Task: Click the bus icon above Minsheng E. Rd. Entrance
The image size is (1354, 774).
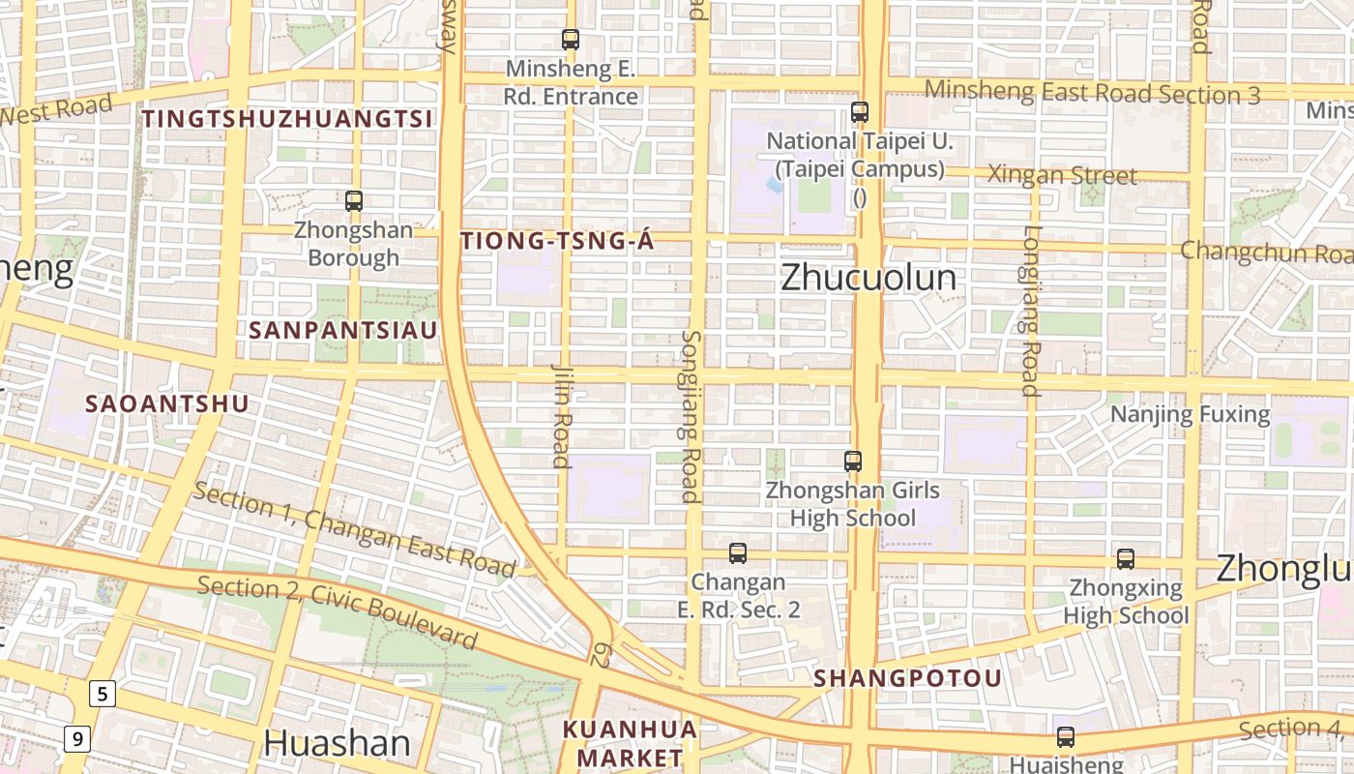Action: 571,40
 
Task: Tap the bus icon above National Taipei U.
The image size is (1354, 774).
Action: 860,112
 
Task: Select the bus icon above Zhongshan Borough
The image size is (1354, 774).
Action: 354,201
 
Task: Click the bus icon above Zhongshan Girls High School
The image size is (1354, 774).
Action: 853,461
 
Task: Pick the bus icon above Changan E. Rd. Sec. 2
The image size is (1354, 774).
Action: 738,553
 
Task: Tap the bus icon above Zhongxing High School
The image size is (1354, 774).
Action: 1126,559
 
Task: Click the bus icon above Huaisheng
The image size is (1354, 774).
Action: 1066,737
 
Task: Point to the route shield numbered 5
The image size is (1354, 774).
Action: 103,693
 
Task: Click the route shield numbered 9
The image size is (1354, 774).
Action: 77,739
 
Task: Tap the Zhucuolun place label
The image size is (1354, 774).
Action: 868,278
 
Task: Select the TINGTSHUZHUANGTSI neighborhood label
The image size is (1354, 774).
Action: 288,119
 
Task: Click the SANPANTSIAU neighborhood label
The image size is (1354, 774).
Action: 343,330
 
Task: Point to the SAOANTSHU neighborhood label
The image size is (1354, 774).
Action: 167,403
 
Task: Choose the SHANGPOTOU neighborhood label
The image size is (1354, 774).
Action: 907,678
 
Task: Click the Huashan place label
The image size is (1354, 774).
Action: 337,743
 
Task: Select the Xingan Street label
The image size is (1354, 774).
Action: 1062,176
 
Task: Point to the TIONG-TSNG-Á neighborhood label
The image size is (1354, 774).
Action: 558,242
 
